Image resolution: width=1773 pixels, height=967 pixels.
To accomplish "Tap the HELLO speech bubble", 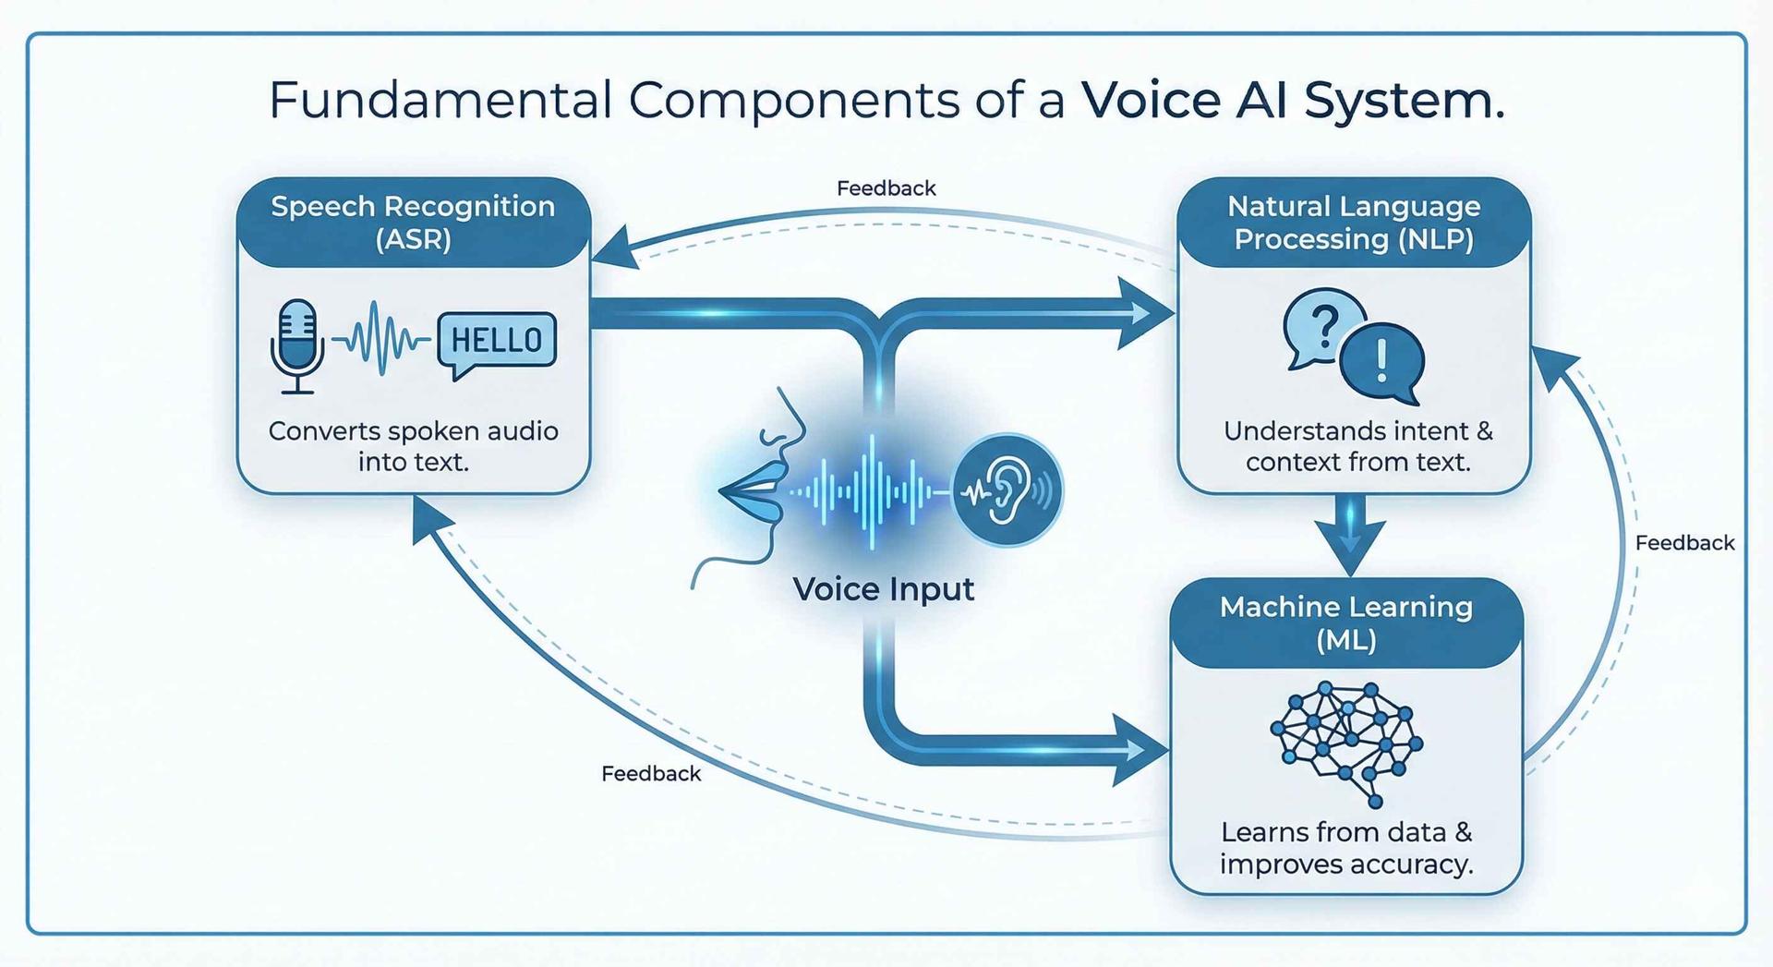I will [x=497, y=341].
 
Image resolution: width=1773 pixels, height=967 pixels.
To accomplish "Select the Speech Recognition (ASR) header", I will [x=413, y=223].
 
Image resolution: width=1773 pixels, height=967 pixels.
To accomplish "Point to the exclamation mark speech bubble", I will [x=1381, y=361].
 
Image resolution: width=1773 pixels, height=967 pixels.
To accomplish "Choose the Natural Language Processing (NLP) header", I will [x=1354, y=223].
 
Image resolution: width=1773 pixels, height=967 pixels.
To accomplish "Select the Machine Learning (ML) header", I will [x=1345, y=623].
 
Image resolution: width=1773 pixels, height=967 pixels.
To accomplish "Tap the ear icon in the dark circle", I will [x=1007, y=490].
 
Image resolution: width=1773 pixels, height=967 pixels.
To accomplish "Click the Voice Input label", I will [x=883, y=589].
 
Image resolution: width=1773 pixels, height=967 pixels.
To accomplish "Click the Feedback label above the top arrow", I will [x=886, y=188].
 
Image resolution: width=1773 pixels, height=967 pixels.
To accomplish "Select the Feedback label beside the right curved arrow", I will [x=1684, y=543].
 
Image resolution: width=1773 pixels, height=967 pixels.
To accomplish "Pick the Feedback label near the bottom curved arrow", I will [x=651, y=774].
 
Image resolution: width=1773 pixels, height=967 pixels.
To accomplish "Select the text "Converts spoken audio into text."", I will [x=413, y=446].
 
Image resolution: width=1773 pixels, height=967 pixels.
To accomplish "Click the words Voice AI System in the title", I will [x=1292, y=100].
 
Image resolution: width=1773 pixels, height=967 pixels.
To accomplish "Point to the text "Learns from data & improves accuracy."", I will [x=1345, y=848].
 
